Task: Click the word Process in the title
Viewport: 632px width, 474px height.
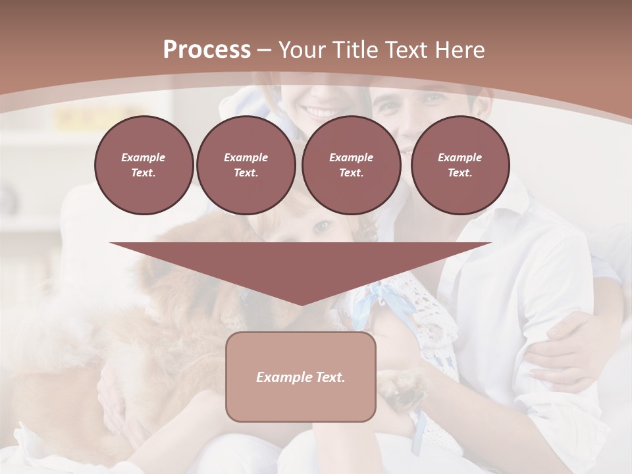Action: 207,50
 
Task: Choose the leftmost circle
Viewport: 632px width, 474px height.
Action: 144,165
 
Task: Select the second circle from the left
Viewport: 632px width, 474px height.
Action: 246,165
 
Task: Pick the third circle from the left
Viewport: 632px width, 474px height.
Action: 351,165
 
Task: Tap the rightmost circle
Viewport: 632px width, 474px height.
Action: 460,165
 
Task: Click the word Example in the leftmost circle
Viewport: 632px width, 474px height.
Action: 144,157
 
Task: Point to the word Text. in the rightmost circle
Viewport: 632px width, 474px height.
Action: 460,173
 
